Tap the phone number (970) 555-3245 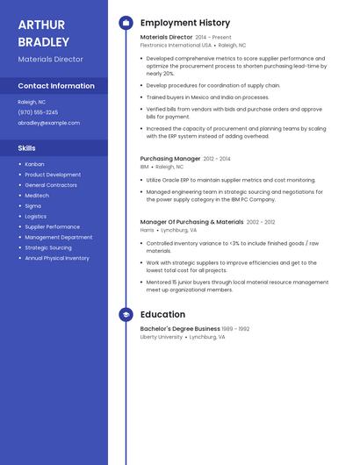(38, 112)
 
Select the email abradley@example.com (48, 123)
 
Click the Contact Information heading (56, 86)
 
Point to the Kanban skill (34, 164)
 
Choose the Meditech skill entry (37, 196)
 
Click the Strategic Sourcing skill (48, 247)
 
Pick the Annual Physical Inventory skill (57, 258)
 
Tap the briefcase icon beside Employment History (126, 23)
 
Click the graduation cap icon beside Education (126, 314)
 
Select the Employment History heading (185, 23)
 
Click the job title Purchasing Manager (170, 159)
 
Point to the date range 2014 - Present (213, 38)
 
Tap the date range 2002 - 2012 (261, 222)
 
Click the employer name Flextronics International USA (176, 45)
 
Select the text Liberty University (162, 337)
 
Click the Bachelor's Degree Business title (180, 329)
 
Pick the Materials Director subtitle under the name (51, 59)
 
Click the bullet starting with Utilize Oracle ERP (230, 180)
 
